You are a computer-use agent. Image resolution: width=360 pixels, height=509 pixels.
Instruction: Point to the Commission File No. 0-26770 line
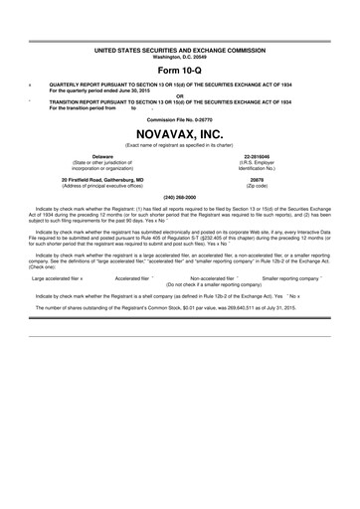tap(180, 115)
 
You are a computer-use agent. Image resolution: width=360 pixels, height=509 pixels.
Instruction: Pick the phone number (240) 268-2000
tap(180, 197)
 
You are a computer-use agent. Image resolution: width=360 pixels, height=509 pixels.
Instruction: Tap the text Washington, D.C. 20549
tap(180, 54)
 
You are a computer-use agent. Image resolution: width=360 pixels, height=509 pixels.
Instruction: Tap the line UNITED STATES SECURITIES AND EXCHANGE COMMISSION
tap(180, 48)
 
